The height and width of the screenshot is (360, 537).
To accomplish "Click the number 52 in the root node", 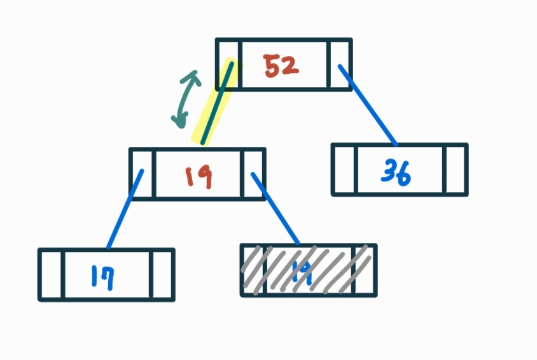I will tap(281, 66).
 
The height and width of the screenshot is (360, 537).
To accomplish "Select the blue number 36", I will tap(396, 171).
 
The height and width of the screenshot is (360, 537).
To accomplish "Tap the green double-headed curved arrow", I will tap(186, 98).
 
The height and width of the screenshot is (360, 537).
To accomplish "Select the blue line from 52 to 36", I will tap(368, 105).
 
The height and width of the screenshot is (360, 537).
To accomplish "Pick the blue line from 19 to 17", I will tap(125, 209).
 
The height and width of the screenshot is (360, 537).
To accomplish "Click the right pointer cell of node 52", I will tap(339, 64).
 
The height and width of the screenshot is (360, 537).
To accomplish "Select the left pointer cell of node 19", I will tap(142, 174).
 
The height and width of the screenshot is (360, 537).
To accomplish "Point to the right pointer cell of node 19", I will tap(253, 174).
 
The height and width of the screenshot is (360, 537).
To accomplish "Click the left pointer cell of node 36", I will tap(344, 170).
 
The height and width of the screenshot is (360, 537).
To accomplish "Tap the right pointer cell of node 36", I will tap(455, 170).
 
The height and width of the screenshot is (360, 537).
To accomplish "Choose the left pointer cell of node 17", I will tap(52, 275).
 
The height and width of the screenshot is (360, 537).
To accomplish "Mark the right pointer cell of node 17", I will tap(162, 275).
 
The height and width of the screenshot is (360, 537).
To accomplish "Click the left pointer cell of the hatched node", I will tap(253, 270).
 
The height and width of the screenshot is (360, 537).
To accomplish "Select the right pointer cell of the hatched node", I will tap(364, 270).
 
